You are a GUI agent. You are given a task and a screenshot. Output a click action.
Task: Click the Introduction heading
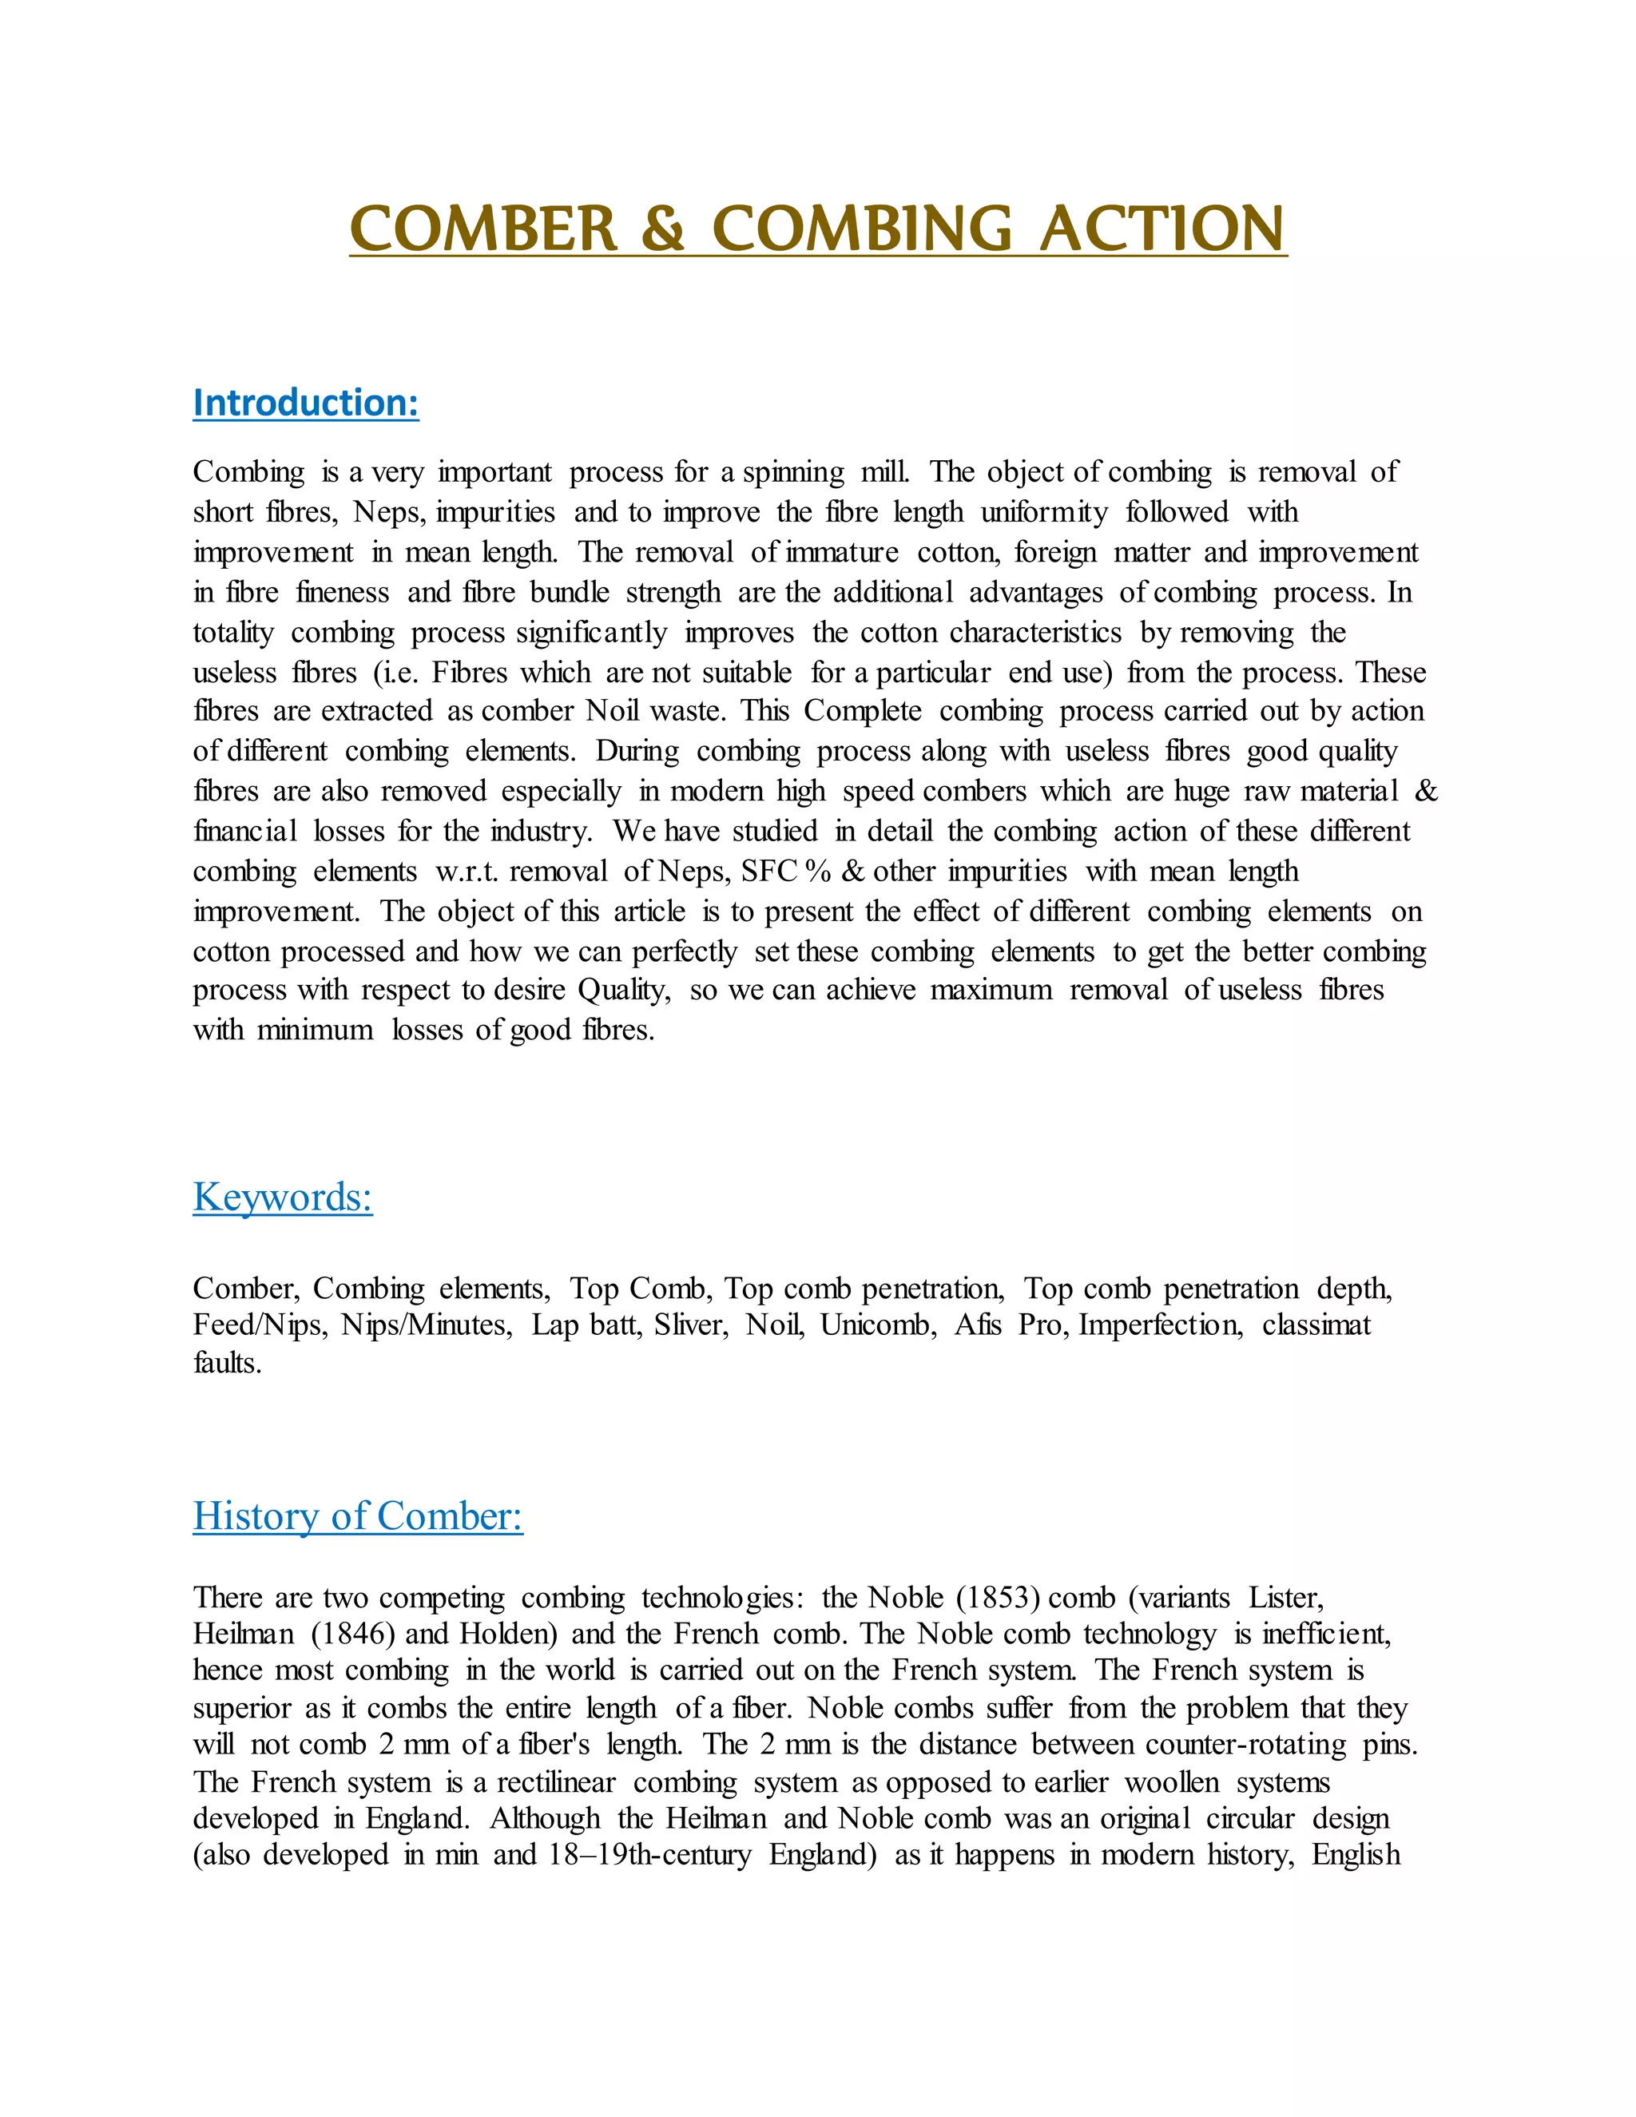click(x=306, y=403)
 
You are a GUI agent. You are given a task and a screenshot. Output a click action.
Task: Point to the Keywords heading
click(x=283, y=1198)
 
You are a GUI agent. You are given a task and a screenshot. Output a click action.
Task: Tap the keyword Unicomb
click(x=878, y=1325)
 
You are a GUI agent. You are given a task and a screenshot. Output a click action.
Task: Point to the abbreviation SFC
click(x=768, y=872)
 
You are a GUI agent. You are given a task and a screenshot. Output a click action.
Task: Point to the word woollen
click(x=1172, y=1782)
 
